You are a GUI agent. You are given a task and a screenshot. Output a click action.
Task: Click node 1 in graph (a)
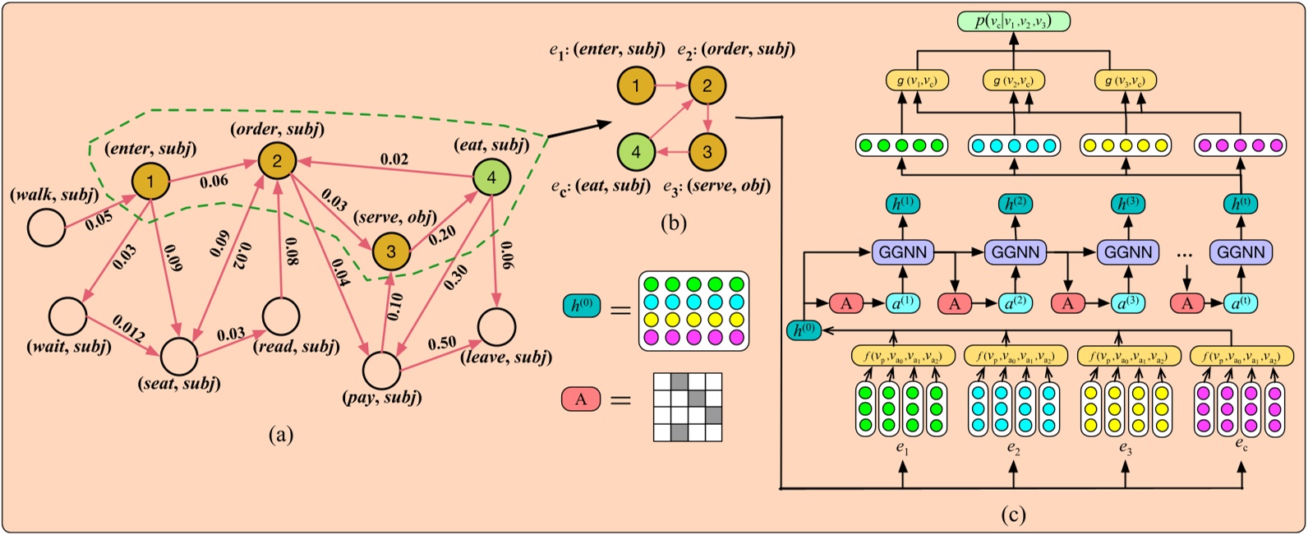click(151, 178)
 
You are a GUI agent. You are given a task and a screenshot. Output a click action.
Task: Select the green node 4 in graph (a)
click(492, 178)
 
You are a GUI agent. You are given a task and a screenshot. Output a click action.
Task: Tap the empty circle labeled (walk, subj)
click(47, 228)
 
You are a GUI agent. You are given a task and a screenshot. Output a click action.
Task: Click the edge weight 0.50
click(442, 341)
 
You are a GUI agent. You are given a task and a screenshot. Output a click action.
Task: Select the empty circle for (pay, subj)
click(380, 371)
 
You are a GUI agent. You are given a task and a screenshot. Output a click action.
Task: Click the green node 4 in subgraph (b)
click(636, 151)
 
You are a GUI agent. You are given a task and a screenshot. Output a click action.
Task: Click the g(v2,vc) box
click(1013, 80)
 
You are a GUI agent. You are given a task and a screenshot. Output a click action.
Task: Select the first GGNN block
click(903, 251)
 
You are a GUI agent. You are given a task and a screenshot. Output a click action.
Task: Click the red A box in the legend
click(581, 399)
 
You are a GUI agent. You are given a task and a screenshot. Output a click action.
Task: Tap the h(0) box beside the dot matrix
click(581, 307)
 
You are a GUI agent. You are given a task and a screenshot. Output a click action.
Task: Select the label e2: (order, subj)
click(735, 49)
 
